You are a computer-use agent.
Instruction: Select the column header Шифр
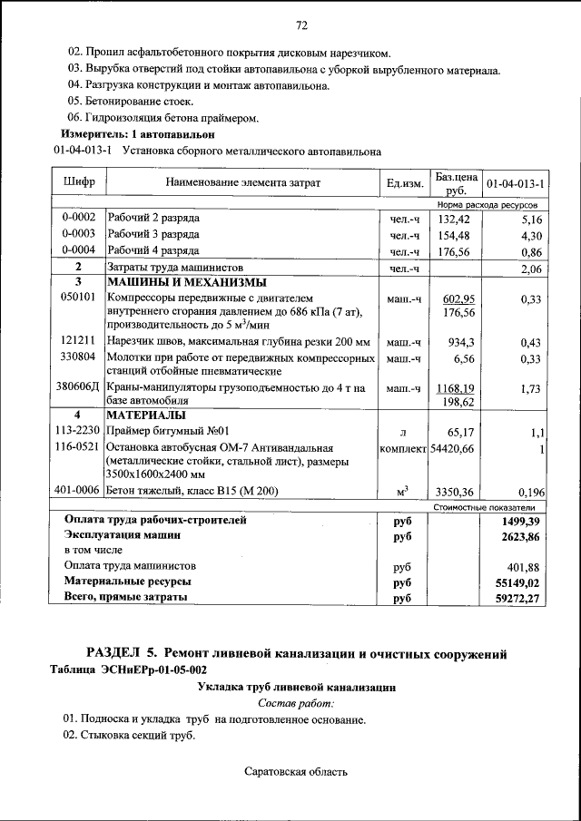tap(79, 183)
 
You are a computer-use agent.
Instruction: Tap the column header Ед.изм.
tap(405, 184)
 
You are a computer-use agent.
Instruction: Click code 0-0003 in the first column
tap(79, 235)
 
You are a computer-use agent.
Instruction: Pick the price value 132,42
tap(454, 219)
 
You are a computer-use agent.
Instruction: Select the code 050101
tap(78, 298)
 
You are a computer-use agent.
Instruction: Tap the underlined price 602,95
tap(458, 298)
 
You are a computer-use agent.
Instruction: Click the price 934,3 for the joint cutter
tap(462, 342)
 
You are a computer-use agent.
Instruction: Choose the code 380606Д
tap(78, 386)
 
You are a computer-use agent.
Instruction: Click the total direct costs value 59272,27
tap(515, 598)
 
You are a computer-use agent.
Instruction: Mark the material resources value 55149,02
tap(515, 582)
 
